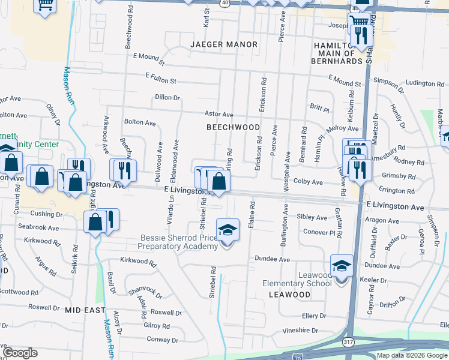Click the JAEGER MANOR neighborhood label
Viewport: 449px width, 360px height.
[224, 44]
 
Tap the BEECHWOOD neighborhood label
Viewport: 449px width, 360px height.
[234, 127]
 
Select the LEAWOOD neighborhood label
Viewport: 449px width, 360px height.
[289, 295]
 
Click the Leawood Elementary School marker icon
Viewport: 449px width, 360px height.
[342, 265]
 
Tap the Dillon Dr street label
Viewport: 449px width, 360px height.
[167, 97]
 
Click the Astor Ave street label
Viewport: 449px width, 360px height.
[218, 114]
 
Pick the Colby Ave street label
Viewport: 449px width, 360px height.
[309, 182]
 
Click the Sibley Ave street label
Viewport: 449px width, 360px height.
[312, 217]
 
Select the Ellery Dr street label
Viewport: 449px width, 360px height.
[314, 315]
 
